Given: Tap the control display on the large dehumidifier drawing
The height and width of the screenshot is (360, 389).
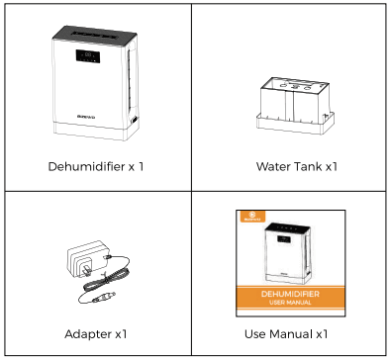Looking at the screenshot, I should (x=87, y=57).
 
